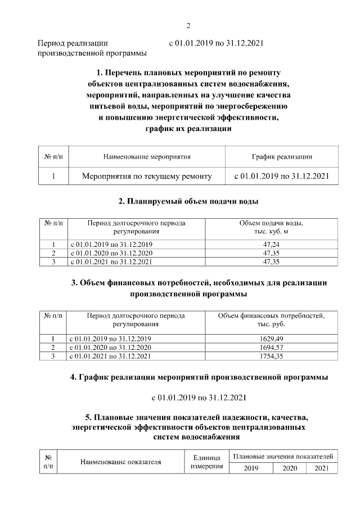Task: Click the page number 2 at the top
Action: click(x=188, y=25)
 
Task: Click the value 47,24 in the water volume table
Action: click(x=271, y=245)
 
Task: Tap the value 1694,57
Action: click(x=271, y=347)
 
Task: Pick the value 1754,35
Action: click(x=271, y=356)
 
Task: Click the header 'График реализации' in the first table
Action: click(x=281, y=156)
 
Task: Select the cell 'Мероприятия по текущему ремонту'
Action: click(x=147, y=176)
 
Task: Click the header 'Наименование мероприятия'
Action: click(x=147, y=156)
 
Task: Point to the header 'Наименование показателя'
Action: click(x=121, y=462)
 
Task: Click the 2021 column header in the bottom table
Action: click(x=322, y=468)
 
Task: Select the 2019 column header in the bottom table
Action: click(x=251, y=468)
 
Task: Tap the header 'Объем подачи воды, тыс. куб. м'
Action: click(x=271, y=227)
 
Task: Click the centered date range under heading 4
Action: click(x=199, y=398)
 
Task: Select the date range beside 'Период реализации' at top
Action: click(x=216, y=43)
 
